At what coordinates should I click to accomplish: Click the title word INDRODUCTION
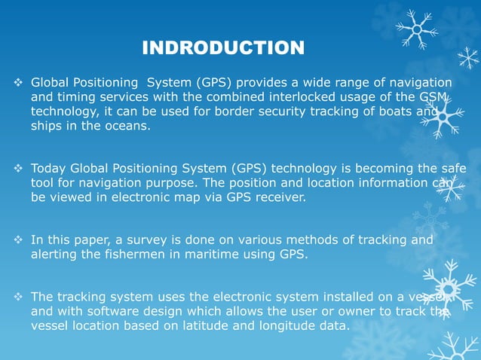coord(223,49)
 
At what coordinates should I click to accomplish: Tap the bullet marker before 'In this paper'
coord(20,240)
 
